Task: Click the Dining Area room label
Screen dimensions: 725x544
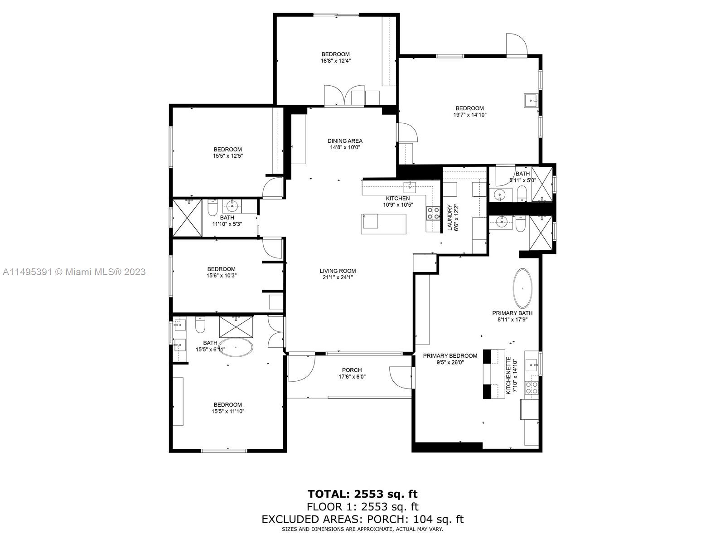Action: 345,141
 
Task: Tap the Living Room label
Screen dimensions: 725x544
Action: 338,271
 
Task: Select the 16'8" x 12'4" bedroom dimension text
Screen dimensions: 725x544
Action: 336,61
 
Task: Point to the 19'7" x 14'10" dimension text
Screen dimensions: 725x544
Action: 470,115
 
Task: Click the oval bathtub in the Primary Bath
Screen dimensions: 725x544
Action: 522,288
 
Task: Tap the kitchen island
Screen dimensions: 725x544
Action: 383,224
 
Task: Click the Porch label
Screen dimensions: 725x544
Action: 352,370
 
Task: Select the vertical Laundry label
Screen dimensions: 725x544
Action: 449,217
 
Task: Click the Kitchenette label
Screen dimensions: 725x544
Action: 509,375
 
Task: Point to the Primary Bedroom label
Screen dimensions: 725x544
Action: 450,356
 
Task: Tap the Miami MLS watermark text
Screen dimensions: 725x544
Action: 74,272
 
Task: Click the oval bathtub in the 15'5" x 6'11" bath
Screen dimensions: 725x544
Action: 236,347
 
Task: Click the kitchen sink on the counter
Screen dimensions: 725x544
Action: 410,187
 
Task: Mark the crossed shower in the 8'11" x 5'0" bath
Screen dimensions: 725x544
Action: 541,185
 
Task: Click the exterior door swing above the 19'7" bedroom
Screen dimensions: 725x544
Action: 516,44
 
